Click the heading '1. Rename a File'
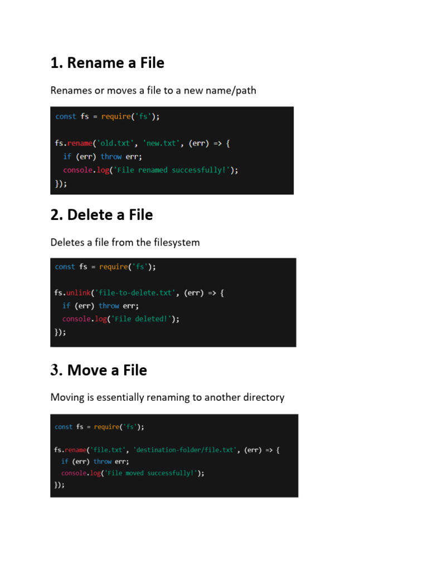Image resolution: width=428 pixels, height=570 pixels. coord(107,63)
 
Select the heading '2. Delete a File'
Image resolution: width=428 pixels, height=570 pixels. coord(101,215)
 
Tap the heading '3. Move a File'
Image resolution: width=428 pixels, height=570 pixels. coord(99,370)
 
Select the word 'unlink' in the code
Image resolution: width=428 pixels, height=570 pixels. coord(78,292)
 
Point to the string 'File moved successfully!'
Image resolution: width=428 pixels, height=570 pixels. coord(157,473)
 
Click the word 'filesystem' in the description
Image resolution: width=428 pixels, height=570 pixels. coord(177,243)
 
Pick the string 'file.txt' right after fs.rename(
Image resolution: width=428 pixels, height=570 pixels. coord(106,450)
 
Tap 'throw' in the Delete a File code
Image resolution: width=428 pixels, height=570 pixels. coord(109,306)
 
